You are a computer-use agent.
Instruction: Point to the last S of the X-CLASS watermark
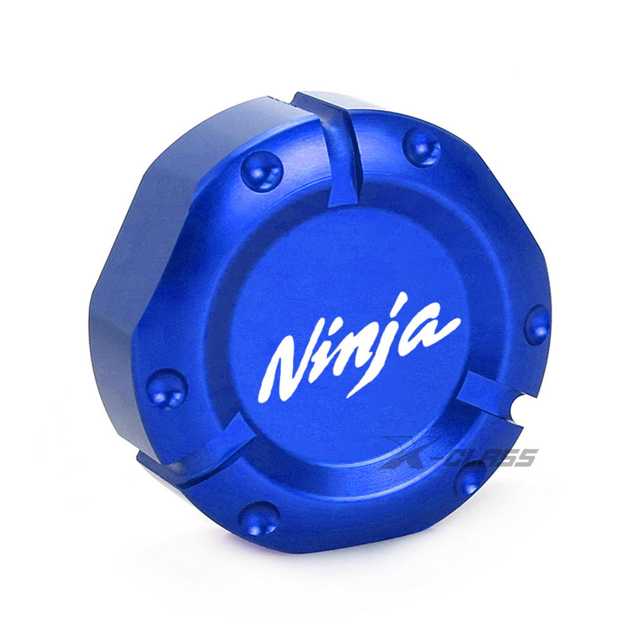pyautogui.click(x=526, y=457)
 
